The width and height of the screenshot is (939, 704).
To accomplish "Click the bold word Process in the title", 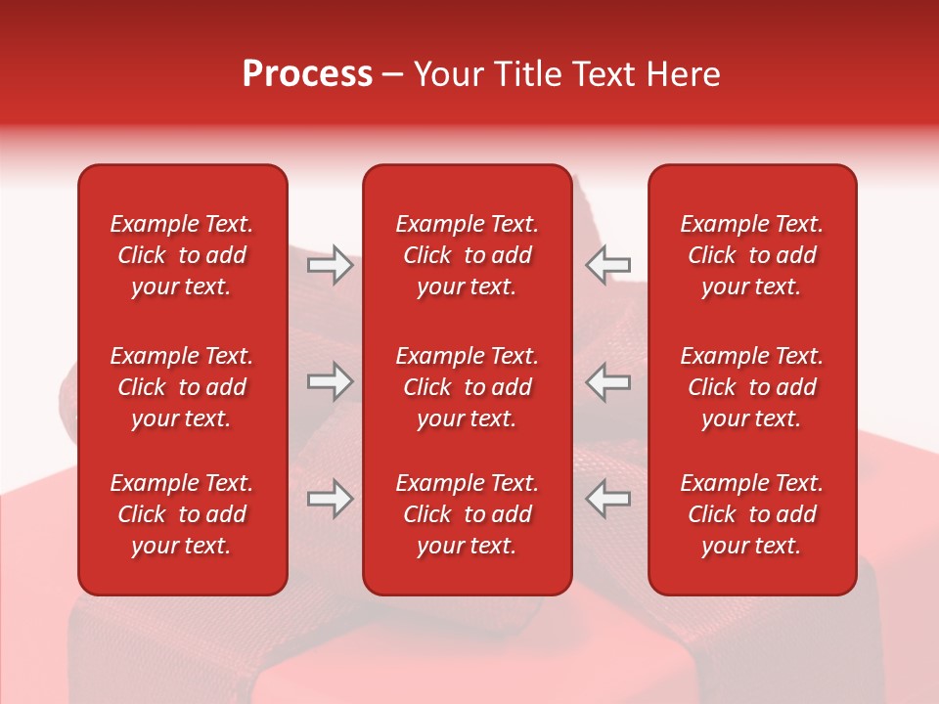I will coord(307,74).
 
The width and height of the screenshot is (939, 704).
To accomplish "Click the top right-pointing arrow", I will coord(330,264).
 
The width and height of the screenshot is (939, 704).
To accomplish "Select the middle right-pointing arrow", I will coord(330,381).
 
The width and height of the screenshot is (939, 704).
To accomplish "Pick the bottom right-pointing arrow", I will coord(330,499).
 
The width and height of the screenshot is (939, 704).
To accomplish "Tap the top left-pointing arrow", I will coord(608,264).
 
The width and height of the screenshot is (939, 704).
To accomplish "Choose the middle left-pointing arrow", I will coord(608,381).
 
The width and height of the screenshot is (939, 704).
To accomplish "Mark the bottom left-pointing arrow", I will coord(608,499).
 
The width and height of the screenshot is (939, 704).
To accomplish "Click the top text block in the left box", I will coord(182,255).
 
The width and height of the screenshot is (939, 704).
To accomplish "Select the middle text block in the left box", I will coord(182,387).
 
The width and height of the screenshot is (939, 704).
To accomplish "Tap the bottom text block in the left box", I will coord(182,514).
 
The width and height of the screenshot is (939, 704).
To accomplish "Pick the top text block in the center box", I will coord(467,255).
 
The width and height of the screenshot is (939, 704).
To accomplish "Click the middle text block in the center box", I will coord(467,387).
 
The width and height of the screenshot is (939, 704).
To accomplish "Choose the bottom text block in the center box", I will coord(467,514).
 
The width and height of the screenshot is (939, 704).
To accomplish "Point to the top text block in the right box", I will coord(751,255).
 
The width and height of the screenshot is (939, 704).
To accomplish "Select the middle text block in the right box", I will coord(751,387).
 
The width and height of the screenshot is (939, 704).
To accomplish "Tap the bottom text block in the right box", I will coord(751,514).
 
